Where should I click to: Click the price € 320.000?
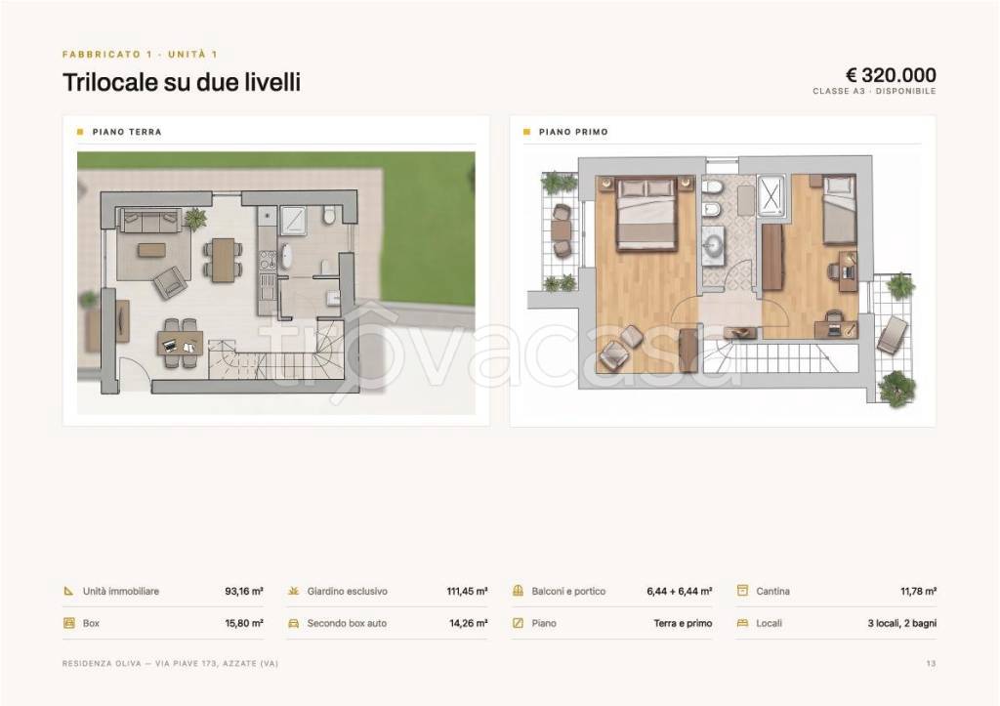[x=891, y=75]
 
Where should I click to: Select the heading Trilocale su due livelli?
[x=181, y=82]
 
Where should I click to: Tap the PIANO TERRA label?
[x=127, y=132]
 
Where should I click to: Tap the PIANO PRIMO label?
[x=573, y=132]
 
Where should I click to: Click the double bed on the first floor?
[x=646, y=214]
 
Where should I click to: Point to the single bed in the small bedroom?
[x=839, y=210]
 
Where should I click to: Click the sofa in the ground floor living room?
[x=149, y=222]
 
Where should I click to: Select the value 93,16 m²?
[x=243, y=591]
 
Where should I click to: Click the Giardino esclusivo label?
[x=347, y=591]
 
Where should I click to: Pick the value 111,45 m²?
[x=467, y=591]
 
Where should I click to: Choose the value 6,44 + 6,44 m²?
[x=680, y=591]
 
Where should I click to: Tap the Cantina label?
[x=773, y=591]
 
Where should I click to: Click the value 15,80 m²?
[x=243, y=623]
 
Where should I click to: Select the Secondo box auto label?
[x=347, y=623]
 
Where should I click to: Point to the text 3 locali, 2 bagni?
[x=901, y=623]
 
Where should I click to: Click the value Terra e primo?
[x=683, y=623]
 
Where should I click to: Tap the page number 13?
[x=931, y=663]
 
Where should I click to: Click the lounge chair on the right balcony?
[x=893, y=334]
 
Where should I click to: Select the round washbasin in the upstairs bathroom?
[x=714, y=244]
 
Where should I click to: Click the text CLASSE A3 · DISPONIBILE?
[x=874, y=91]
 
